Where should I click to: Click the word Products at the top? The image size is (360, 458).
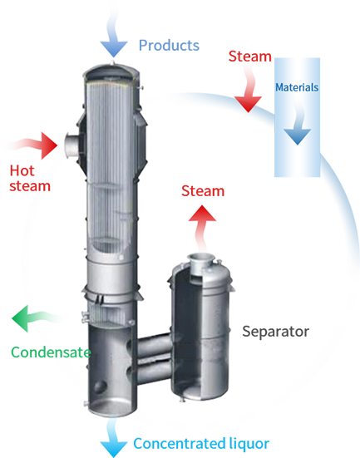169,45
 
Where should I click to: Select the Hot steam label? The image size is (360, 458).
30,178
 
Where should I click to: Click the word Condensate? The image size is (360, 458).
51,352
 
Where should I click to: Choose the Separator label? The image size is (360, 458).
275,332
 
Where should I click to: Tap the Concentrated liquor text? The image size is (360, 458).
201,443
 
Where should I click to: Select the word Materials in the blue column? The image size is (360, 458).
297,87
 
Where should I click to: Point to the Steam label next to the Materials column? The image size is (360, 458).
249,56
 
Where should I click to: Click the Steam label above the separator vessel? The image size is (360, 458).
203,191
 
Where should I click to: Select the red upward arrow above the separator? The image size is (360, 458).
202,228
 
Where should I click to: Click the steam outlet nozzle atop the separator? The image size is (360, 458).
201,263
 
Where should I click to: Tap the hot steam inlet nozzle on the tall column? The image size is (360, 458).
72,145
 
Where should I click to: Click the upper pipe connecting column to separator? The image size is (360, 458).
154,345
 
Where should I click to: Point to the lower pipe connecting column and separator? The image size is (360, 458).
154,372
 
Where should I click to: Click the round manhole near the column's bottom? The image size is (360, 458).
100,387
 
